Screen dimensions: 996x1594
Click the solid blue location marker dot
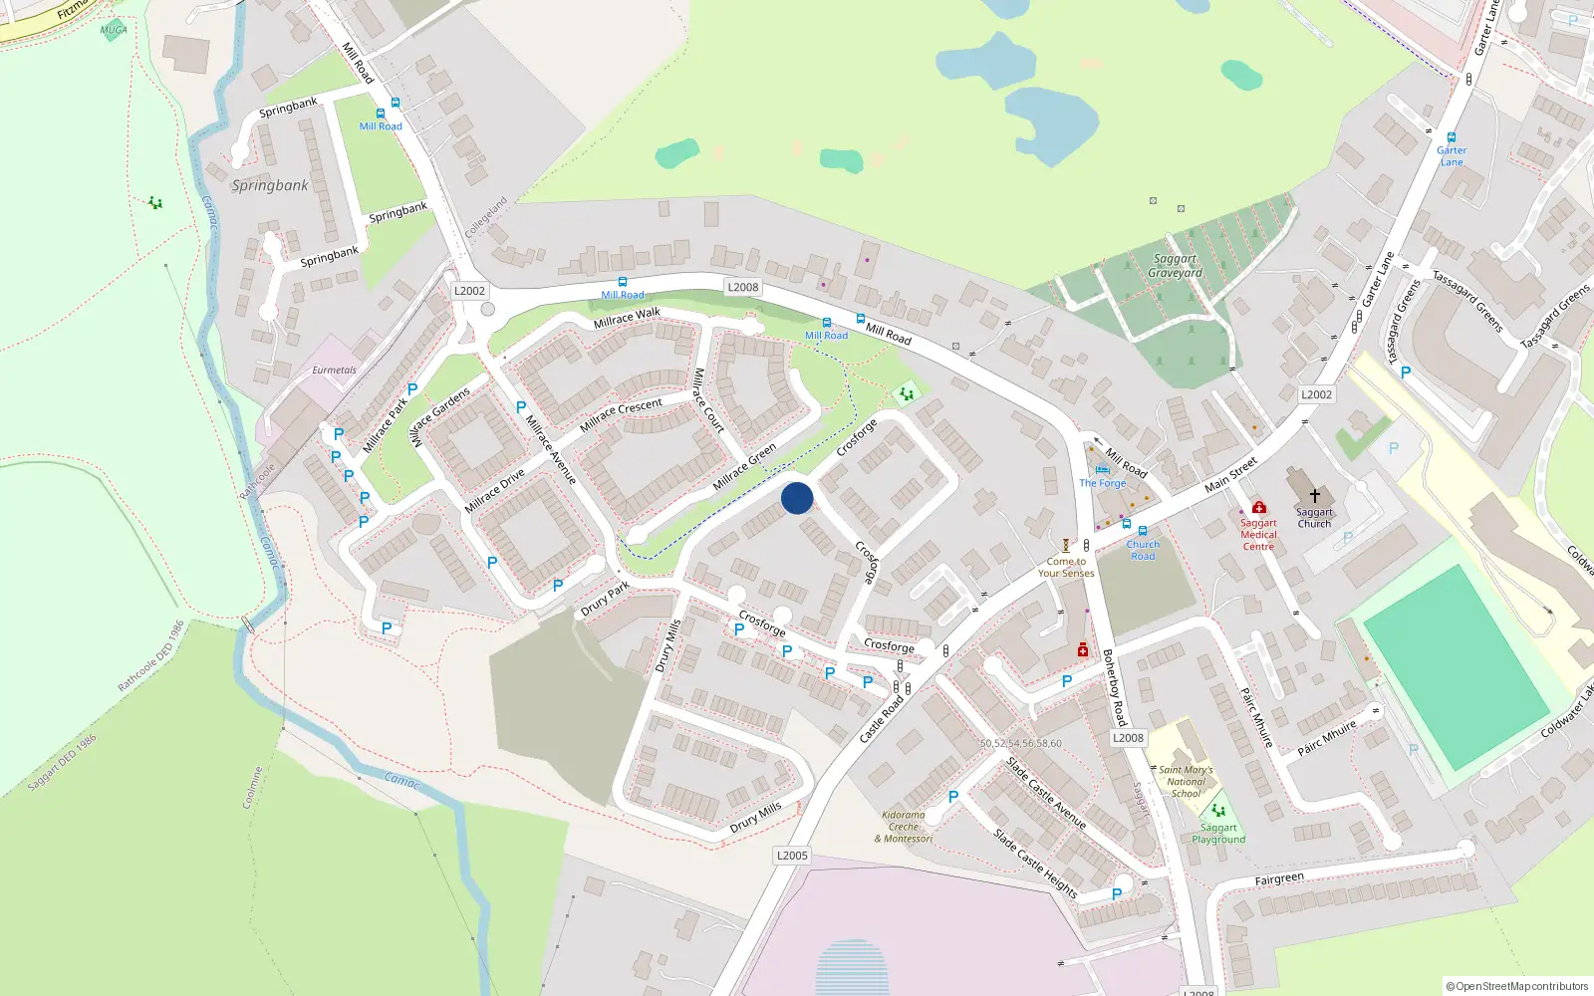(797, 498)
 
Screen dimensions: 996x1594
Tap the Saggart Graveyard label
(1175, 266)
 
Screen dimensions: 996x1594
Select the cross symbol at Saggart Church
(1314, 495)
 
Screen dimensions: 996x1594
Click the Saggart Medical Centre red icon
(1259, 507)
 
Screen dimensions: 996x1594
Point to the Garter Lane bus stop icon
(1452, 137)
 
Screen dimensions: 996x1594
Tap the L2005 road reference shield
(792, 856)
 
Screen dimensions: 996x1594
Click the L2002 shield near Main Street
(1316, 394)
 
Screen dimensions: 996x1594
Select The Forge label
(1102, 483)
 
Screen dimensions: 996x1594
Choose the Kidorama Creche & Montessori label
(904, 827)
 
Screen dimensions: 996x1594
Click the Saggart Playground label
(1218, 834)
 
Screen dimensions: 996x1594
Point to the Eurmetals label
(334, 371)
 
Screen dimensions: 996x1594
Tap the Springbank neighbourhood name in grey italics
(270, 185)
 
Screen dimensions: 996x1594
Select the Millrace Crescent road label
(621, 414)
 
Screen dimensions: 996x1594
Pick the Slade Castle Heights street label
(1035, 864)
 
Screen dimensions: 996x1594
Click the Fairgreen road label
(1279, 879)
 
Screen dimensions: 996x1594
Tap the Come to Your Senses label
(1066, 567)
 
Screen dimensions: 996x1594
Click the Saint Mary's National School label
(1186, 782)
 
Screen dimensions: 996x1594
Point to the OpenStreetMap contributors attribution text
(1516, 986)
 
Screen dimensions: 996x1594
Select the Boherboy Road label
(1114, 687)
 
